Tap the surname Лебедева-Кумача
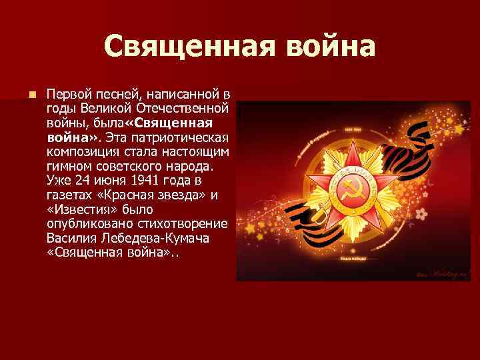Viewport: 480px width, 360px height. click(160, 238)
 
